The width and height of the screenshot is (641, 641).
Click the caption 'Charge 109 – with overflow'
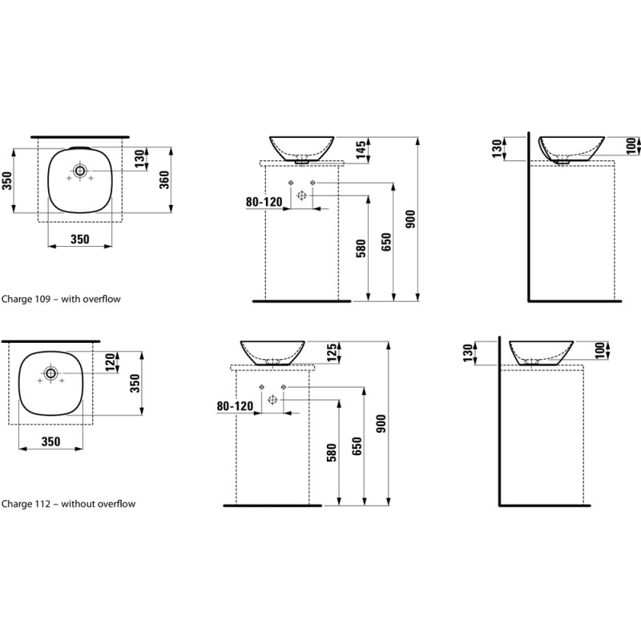(60, 299)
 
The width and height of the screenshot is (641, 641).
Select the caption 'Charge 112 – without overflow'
(67, 504)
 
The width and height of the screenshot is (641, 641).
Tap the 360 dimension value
(165, 180)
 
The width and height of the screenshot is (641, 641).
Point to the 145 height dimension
(361, 148)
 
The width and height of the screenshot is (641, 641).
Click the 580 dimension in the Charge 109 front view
(361, 248)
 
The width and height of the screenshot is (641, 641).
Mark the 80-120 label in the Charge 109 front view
(264, 203)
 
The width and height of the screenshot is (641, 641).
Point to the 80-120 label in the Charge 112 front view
(235, 406)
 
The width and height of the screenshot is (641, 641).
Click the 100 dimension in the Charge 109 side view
(631, 146)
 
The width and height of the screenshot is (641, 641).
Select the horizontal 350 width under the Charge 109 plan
(79, 239)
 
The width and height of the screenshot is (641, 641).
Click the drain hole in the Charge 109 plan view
(80, 170)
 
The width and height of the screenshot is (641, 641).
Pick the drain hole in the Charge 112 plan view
(50, 373)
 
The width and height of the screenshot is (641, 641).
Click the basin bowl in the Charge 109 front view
(301, 147)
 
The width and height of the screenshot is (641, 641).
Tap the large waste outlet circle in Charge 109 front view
(302, 196)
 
